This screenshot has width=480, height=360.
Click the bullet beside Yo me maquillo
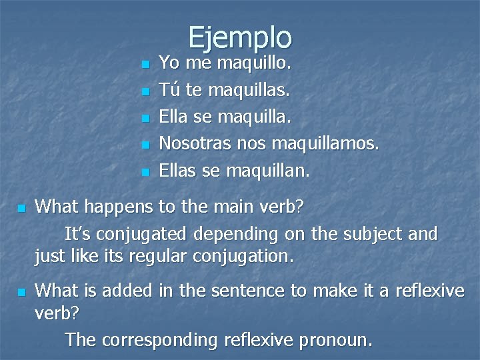(x=146, y=65)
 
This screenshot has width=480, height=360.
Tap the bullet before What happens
(x=21, y=209)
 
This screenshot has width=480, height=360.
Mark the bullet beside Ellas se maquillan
(x=146, y=173)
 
